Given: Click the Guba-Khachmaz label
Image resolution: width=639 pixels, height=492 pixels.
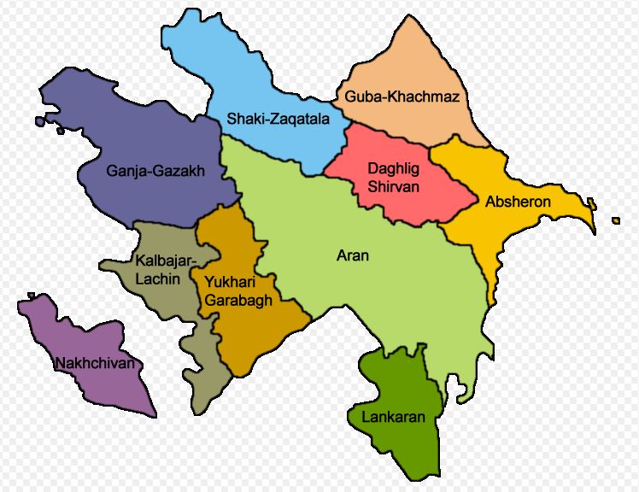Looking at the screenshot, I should (402, 97).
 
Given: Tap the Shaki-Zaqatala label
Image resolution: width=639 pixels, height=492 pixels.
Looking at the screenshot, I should (278, 120).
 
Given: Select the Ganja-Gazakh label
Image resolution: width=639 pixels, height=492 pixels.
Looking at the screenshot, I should (155, 171).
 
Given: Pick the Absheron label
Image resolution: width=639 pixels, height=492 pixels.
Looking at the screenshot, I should (518, 202).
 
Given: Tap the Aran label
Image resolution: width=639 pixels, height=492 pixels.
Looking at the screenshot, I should (353, 255).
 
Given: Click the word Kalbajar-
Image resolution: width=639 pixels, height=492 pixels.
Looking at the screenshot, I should (166, 260).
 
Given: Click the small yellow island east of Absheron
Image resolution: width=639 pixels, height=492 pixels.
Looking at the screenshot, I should (616, 221).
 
